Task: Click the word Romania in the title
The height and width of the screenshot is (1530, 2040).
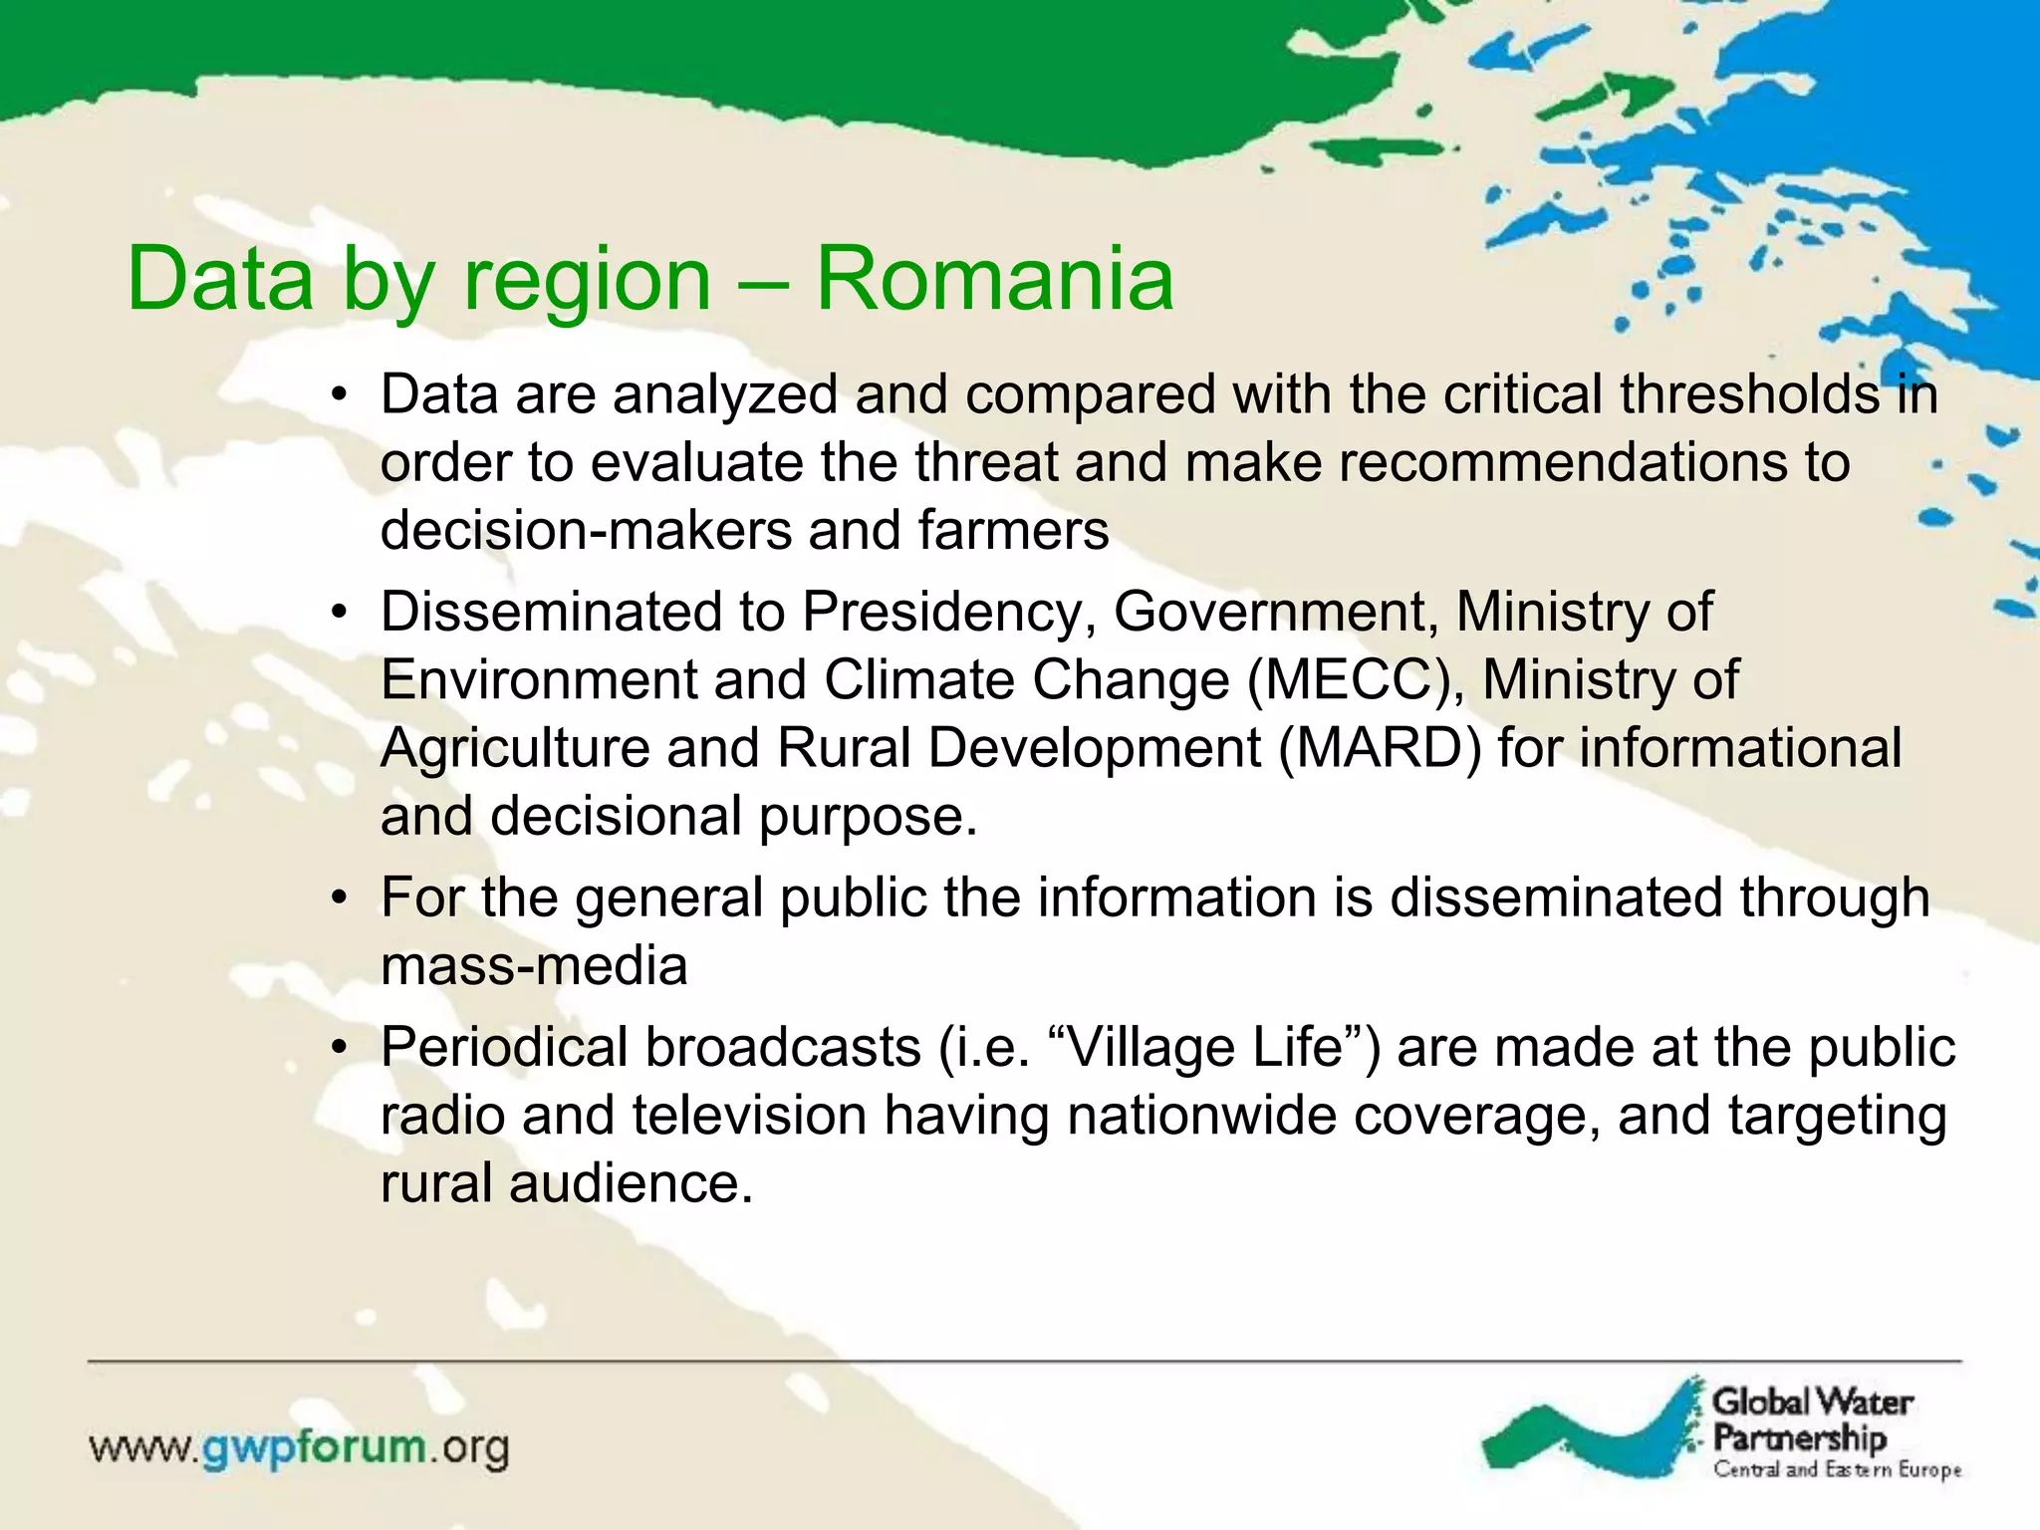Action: pos(994,280)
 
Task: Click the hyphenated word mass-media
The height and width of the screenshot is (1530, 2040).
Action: pos(534,966)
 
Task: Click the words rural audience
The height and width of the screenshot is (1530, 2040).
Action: pos(566,1184)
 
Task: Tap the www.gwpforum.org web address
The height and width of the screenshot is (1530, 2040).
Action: pos(299,1448)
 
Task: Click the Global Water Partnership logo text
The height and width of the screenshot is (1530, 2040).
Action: pos(1811,1419)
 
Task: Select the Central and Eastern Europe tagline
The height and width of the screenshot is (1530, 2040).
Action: pos(1837,1470)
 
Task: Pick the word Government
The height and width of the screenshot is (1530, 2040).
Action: pos(1275,613)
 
